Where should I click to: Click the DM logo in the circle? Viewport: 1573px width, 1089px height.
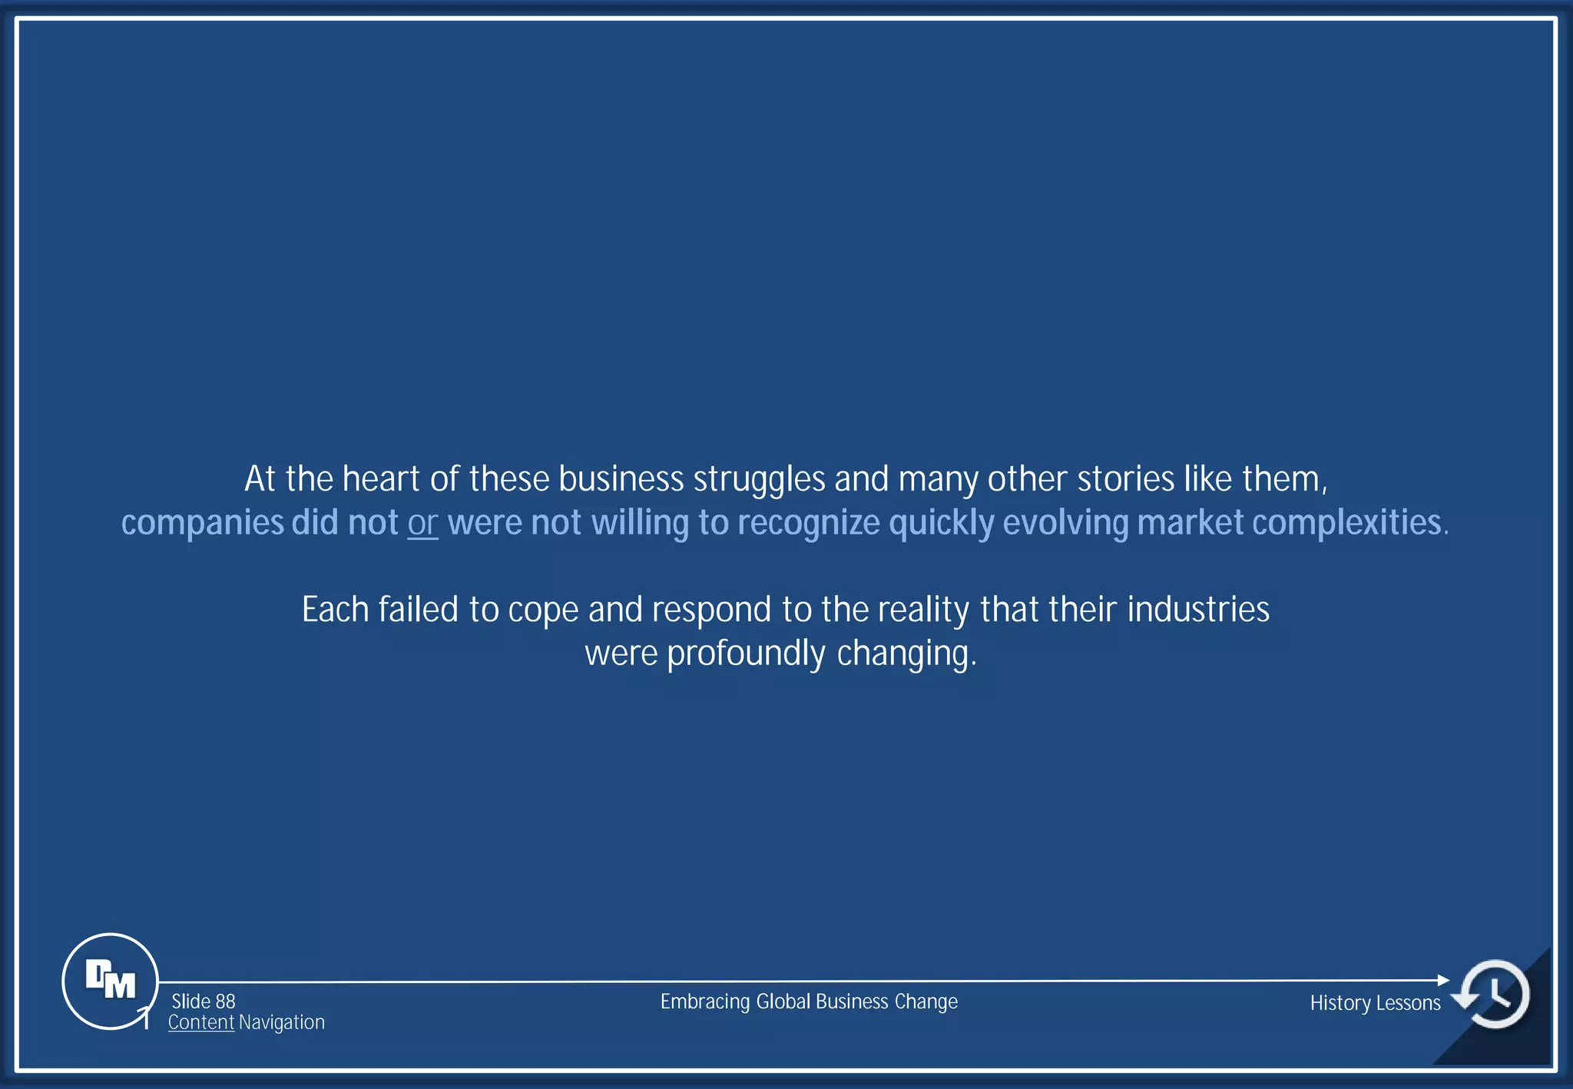tap(110, 981)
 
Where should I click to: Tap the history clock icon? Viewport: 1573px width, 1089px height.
tap(1495, 995)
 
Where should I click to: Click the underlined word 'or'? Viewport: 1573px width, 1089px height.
tap(422, 523)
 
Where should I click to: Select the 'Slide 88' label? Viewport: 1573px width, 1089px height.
tap(204, 1001)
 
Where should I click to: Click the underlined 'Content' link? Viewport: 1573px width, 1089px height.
tap(201, 1022)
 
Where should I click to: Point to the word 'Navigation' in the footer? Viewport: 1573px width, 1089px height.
tap(282, 1022)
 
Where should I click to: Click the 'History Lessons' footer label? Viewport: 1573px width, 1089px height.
tap(1375, 1003)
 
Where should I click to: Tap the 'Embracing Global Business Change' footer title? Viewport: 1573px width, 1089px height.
tap(809, 1001)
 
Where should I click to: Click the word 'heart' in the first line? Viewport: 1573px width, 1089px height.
tap(381, 479)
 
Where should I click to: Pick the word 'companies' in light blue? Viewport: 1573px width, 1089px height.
tap(203, 524)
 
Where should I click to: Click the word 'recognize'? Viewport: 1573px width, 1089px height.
tap(808, 524)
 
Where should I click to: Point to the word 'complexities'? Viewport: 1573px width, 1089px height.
tap(1346, 524)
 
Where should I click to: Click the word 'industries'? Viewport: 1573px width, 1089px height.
tap(1198, 610)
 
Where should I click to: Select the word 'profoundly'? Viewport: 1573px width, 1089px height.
tap(746, 654)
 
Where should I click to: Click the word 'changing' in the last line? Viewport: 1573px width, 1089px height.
tap(905, 654)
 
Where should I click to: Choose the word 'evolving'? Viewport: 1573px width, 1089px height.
tap(1065, 524)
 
